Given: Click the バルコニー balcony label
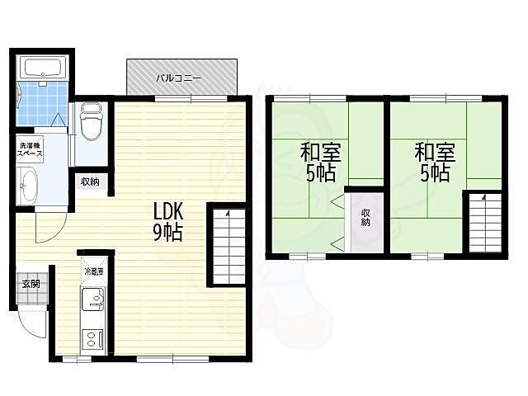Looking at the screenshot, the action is tap(178, 78).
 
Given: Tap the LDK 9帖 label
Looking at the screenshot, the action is tap(168, 222).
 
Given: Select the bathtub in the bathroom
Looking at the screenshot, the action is tap(42, 68).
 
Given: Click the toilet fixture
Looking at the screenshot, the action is tap(91, 121).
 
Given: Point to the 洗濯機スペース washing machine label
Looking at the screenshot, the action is tap(30, 150).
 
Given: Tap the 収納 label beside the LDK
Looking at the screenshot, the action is tap(90, 181).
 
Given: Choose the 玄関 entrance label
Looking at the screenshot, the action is tap(31, 284).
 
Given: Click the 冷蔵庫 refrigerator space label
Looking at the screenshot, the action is tap(94, 271).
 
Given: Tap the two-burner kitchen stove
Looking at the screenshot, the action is tap(92, 339).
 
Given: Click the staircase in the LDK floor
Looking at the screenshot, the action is tap(229, 246).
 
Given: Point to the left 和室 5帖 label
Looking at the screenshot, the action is tap(321, 162).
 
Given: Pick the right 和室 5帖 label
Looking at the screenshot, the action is tap(435, 162).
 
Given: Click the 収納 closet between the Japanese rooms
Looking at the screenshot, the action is tap(367, 222).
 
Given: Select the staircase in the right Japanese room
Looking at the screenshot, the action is tap(485, 223).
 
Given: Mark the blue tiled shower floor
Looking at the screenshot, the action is tap(41, 104).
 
